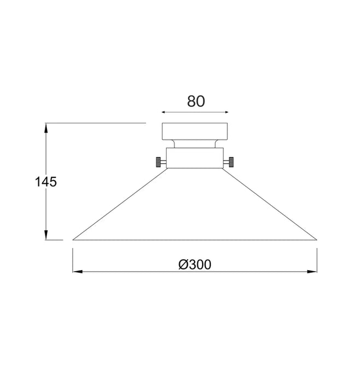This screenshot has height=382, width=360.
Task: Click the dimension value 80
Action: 196,102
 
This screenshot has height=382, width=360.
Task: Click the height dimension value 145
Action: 46,182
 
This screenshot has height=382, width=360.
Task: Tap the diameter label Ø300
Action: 195,265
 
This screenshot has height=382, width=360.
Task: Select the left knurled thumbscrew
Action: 158,162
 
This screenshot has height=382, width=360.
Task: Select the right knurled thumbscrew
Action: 231,162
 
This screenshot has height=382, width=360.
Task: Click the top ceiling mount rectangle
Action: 195,132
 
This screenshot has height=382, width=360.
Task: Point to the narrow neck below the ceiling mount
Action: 195,144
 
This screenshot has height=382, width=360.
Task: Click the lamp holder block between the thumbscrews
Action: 194,158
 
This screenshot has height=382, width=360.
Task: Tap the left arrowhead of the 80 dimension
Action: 164,112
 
